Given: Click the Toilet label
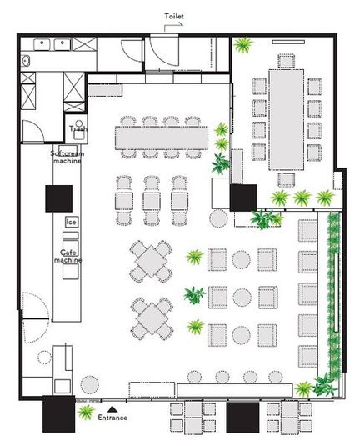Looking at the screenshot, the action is point(174,16).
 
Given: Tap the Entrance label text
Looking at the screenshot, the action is point(112,418).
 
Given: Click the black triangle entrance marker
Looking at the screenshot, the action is point(112,409).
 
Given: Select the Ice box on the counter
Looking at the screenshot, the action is point(72,222).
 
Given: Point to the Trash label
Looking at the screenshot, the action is point(78,128).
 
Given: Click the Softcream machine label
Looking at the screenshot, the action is point(67,157).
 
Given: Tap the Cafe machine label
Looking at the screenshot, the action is point(68,256).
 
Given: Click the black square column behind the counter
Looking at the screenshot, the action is point(59,198).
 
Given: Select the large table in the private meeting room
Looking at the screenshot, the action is point(287,119).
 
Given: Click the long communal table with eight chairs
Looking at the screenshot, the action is point(162,138).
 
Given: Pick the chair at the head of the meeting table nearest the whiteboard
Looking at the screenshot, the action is point(287,61).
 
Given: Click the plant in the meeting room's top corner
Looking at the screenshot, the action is point(243,45).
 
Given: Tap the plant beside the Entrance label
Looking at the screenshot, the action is point(86,412).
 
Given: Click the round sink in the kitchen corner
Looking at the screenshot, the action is point(26,61).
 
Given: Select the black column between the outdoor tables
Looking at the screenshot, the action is point(242,418).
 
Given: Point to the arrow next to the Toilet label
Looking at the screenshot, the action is point(172,26).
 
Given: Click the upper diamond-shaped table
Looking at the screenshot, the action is point(152,262).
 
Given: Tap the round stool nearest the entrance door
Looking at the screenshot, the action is point(89,385).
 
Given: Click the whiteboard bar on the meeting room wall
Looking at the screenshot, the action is point(288,42).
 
